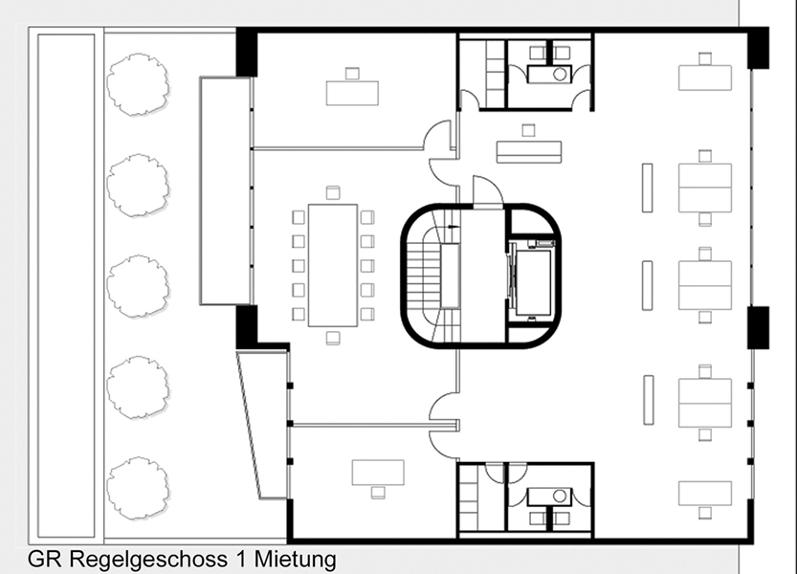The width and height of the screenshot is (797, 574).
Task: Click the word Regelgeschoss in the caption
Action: coord(148,560)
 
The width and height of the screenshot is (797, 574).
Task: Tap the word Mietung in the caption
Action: coord(295,560)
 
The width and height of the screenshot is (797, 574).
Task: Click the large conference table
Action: coord(332,265)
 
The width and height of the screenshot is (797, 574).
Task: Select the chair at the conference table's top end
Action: coord(333,192)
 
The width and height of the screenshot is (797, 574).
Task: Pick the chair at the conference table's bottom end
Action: coord(333,338)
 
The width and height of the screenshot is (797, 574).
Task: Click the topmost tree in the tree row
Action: coord(137,84)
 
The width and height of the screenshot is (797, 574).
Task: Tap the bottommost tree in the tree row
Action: coord(137,488)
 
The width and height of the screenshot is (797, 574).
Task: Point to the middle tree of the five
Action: coord(137,286)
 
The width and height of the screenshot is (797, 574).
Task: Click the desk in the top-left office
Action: coord(352,93)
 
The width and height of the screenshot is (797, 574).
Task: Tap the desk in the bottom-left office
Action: coord(378,473)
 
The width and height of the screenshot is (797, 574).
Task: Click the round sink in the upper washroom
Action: coord(560,75)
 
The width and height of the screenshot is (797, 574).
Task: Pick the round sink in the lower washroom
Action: coord(560,496)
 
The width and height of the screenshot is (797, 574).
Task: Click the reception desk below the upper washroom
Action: coord(528,152)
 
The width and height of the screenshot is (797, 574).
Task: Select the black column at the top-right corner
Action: coord(758,48)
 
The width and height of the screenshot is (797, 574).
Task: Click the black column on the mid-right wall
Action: coord(758,327)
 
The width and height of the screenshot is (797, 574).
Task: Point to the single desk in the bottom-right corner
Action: coord(705,494)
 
